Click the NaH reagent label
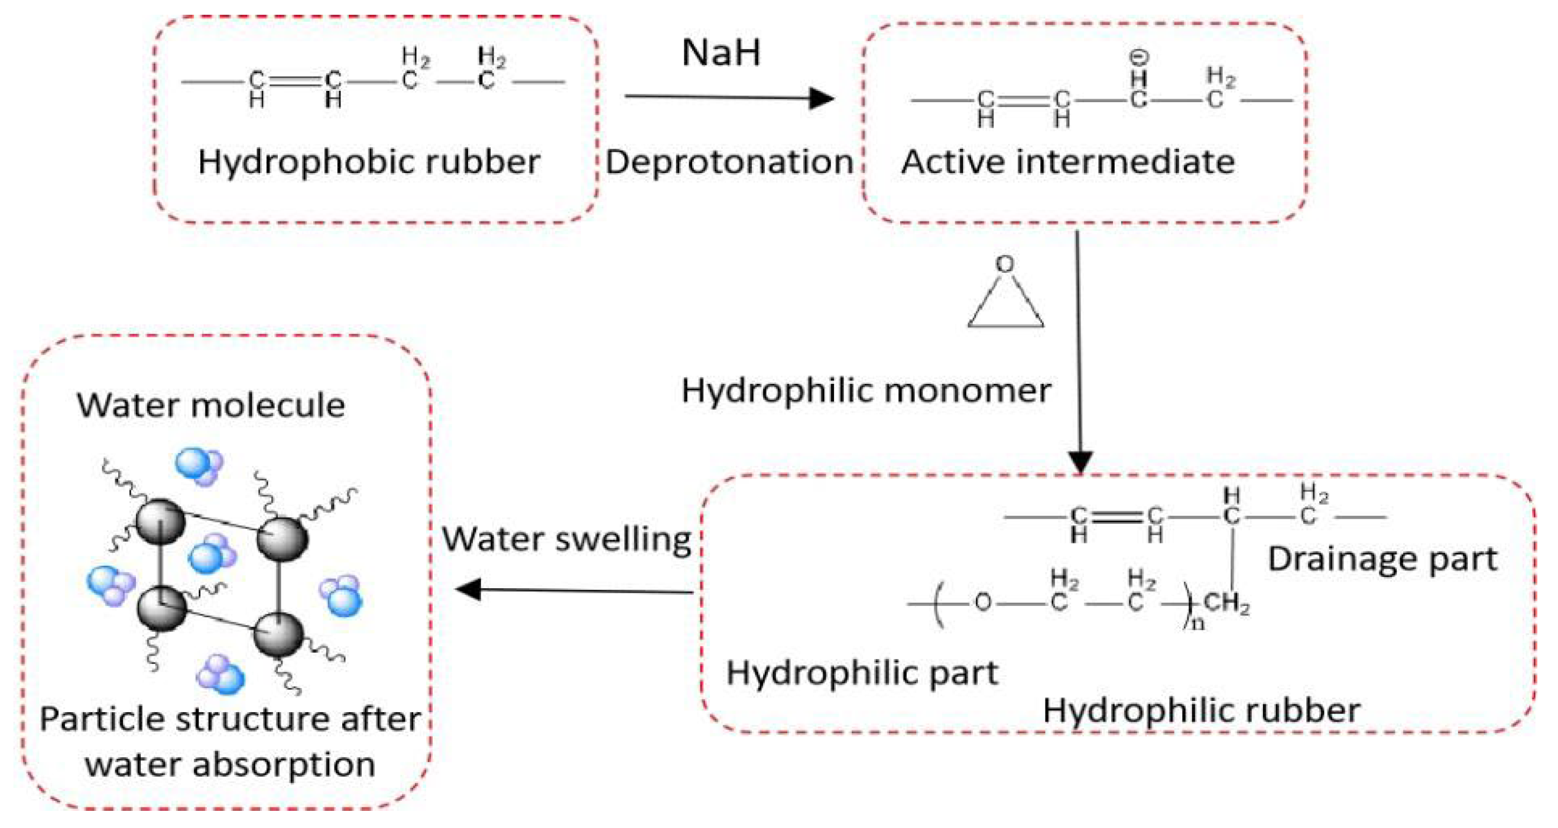click(721, 53)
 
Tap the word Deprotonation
click(729, 162)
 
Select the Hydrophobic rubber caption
click(369, 162)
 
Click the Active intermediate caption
click(1067, 162)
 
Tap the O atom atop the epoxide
click(1005, 264)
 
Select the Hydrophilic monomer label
click(866, 390)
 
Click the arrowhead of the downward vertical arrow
click(1081, 462)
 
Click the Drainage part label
click(1382, 559)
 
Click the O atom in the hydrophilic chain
click(983, 602)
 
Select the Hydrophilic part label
click(862, 673)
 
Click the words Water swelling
click(567, 539)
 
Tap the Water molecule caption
click(210, 405)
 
